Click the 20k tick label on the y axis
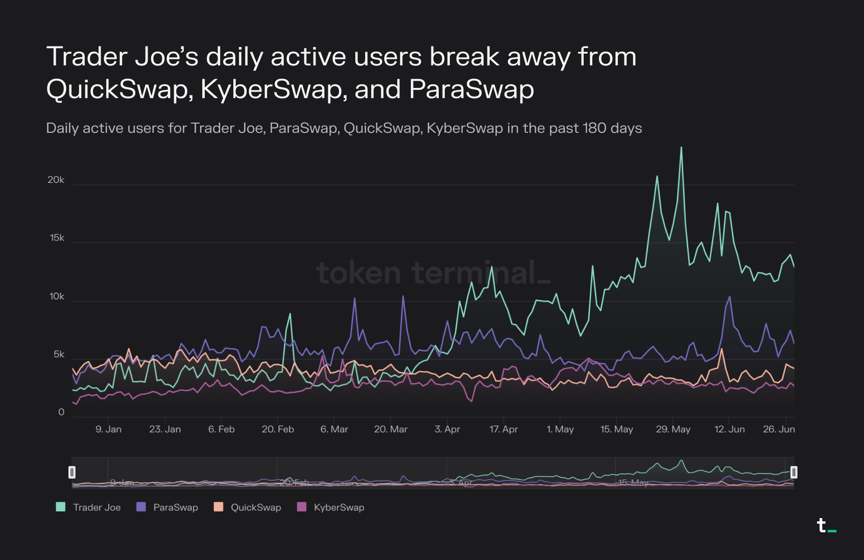pyautogui.click(x=56, y=180)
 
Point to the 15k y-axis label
pyautogui.click(x=57, y=238)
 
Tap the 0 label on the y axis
pyautogui.click(x=61, y=412)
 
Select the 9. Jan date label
pyautogui.click(x=108, y=429)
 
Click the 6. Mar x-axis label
pyautogui.click(x=334, y=429)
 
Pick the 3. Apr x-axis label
pyautogui.click(x=447, y=429)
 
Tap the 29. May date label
pyautogui.click(x=673, y=429)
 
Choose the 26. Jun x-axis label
pyautogui.click(x=779, y=429)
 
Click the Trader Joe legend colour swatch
pyautogui.click(x=61, y=507)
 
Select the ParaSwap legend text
pyautogui.click(x=175, y=507)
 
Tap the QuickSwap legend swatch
pyautogui.click(x=219, y=507)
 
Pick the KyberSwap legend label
pyautogui.click(x=339, y=507)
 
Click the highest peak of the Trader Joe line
pyautogui.click(x=681, y=148)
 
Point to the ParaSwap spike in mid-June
pyautogui.click(x=729, y=297)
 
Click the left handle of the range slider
pyautogui.click(x=72, y=472)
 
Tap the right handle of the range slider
pyautogui.click(x=794, y=472)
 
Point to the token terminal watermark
pyautogui.click(x=433, y=273)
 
